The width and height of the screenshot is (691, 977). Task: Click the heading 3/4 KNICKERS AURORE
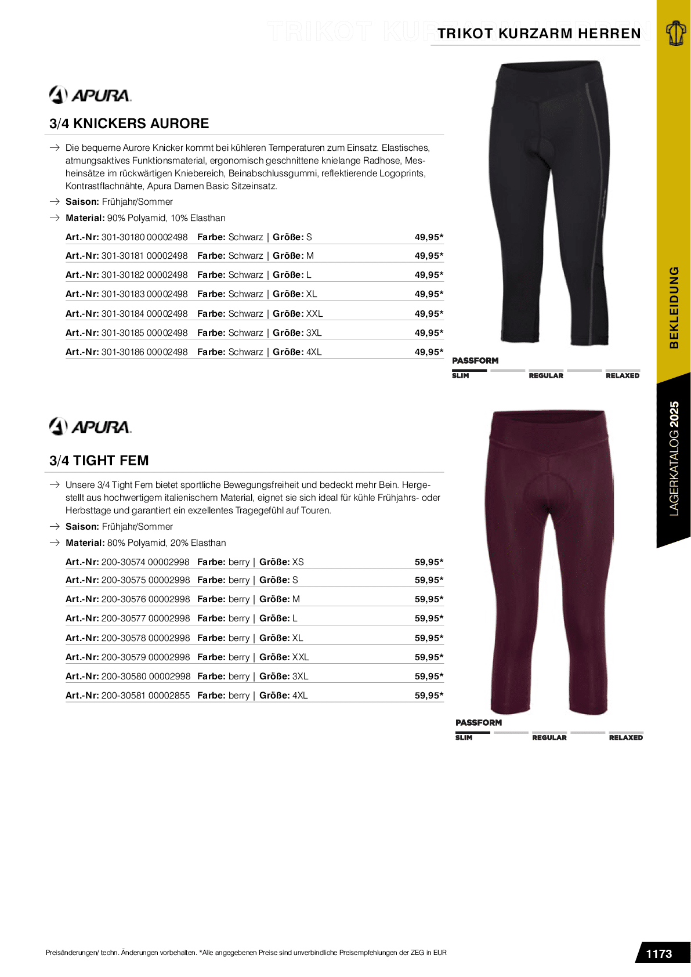[129, 124]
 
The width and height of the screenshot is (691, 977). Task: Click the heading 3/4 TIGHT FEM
[99, 461]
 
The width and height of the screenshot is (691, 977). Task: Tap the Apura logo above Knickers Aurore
[90, 95]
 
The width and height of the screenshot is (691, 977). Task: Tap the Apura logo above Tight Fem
[90, 426]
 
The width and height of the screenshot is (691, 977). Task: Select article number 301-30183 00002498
[144, 294]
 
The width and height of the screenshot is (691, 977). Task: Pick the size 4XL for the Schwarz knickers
[314, 352]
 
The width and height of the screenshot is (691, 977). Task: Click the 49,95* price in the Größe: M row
[429, 256]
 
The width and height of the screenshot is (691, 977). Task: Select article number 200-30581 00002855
[146, 696]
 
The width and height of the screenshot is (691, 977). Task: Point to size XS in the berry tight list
[298, 562]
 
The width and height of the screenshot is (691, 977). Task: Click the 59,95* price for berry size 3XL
[429, 676]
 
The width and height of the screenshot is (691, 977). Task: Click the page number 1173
[659, 954]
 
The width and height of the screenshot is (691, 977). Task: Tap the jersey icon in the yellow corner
[675, 33]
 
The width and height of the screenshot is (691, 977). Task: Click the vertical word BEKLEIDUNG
[674, 307]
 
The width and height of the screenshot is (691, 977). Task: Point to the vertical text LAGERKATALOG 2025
[674, 458]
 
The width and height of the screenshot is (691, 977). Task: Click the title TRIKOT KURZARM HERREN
[539, 34]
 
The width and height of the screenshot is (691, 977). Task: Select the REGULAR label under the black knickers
[546, 376]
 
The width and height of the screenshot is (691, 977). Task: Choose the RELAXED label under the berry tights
[625, 738]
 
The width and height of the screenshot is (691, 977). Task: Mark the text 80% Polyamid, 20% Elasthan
[167, 543]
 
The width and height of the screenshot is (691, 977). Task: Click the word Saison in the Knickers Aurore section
[82, 202]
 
